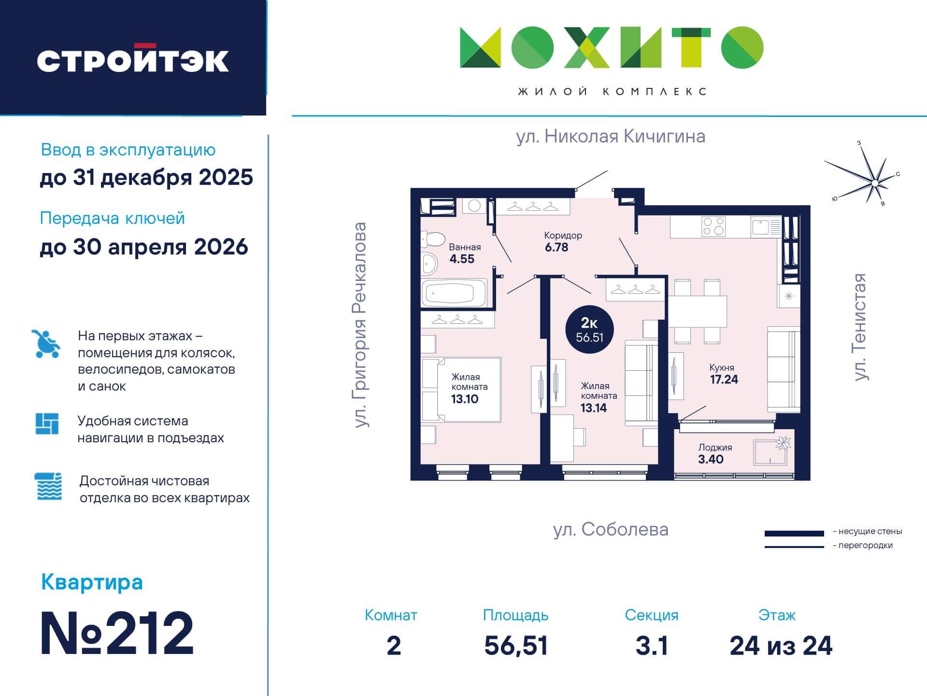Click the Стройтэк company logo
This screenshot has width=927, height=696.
click(x=133, y=60)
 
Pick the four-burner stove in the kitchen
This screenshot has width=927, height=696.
click(x=713, y=226)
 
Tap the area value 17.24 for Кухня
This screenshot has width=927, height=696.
click(x=724, y=379)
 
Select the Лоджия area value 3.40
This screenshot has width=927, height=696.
click(x=711, y=459)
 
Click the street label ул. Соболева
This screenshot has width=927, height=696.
click(x=611, y=530)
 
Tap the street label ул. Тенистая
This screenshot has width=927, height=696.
click(x=860, y=327)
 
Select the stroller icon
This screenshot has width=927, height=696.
click(x=46, y=344)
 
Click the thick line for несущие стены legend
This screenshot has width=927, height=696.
click(x=794, y=533)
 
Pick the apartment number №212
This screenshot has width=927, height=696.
click(x=117, y=633)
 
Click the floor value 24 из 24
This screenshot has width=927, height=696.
click(x=781, y=645)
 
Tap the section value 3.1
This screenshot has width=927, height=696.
click(x=651, y=645)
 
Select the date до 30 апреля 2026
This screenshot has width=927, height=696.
click(x=144, y=247)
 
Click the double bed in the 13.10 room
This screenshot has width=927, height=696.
click(x=461, y=390)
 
